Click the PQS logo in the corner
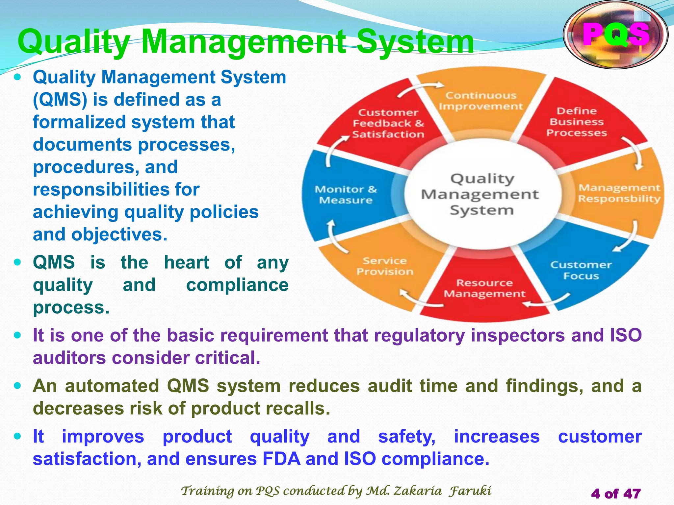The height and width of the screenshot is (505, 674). [616, 35]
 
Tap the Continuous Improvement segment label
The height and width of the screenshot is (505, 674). [480, 101]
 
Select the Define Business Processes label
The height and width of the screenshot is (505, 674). [577, 122]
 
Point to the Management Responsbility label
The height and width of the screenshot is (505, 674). [619, 193]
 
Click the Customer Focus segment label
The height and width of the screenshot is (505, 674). [581, 270]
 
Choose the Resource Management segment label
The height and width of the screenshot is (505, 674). [484, 288]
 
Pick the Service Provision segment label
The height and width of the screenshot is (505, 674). [385, 266]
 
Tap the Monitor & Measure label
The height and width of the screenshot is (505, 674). [346, 195]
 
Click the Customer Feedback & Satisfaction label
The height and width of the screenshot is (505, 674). [388, 124]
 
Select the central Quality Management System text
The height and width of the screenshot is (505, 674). [480, 195]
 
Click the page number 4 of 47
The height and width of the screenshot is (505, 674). [616, 493]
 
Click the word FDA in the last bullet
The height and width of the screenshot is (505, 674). [281, 459]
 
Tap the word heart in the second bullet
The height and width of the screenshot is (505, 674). [187, 262]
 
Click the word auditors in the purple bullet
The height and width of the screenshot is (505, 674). [69, 358]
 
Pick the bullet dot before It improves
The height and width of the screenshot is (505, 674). [18, 437]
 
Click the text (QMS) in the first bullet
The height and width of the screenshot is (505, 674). [60, 100]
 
